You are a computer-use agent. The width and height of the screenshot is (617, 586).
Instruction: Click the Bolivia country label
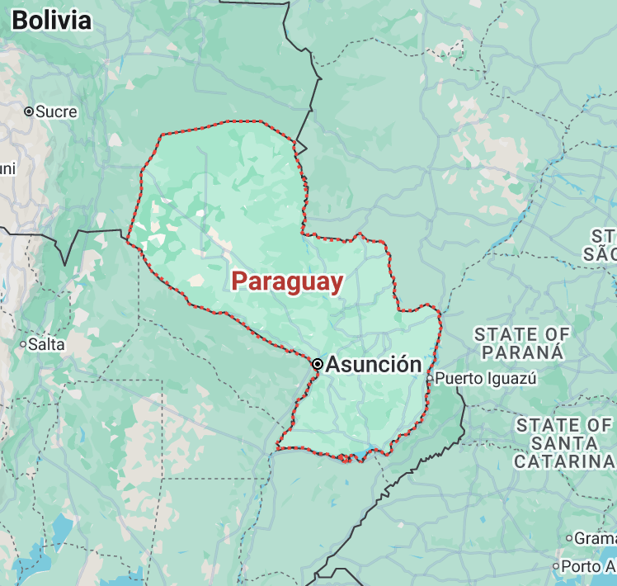[51, 21]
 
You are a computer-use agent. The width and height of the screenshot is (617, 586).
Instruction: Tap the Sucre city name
[57, 111]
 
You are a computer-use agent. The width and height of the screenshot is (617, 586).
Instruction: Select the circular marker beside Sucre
[28, 111]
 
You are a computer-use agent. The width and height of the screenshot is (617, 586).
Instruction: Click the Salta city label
[46, 344]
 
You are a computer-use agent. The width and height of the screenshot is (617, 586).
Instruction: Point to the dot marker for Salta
[23, 344]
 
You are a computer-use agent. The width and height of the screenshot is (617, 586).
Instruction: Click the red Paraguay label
[286, 281]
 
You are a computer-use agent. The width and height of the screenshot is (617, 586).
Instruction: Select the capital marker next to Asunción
[318, 364]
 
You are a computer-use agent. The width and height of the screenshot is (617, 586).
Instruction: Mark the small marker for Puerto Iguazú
[430, 379]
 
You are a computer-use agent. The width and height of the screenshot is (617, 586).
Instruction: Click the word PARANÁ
[522, 352]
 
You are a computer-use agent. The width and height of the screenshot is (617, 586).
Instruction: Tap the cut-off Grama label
[595, 538]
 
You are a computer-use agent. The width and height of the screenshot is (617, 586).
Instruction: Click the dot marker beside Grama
[569, 538]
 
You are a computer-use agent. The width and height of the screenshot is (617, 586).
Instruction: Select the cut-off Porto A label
[588, 567]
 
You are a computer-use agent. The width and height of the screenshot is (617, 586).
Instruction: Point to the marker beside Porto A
[555, 567]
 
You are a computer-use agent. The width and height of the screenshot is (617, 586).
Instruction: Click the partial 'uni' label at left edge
[7, 169]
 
